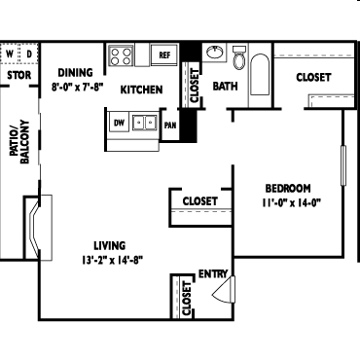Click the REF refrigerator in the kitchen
[164, 54]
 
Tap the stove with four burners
[121, 55]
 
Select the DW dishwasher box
[119, 123]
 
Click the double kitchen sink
[145, 123]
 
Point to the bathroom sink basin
[215, 53]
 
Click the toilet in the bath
[239, 57]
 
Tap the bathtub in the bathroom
[260, 75]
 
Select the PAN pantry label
[170, 126]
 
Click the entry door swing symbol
[224, 290]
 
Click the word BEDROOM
[288, 189]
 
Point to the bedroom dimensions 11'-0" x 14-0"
[291, 203]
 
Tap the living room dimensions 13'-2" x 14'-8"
[112, 260]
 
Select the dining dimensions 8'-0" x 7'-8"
[78, 87]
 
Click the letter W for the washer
[10, 54]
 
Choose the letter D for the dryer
[29, 54]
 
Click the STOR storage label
[19, 75]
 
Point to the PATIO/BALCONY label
[19, 142]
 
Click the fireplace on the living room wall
[38, 228]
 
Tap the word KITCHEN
[141, 90]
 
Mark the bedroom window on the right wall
[343, 165]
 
